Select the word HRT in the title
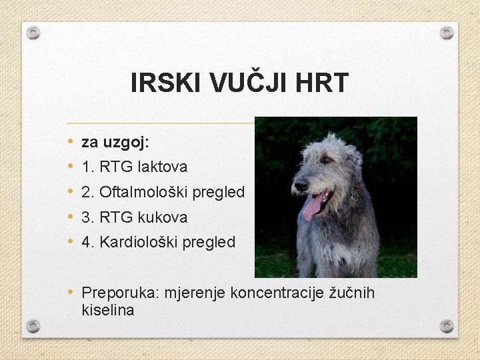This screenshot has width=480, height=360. pyautogui.click(x=324, y=83)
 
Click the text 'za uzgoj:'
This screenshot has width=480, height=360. pyautogui.click(x=115, y=141)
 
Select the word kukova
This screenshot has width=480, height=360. pyautogui.click(x=163, y=217)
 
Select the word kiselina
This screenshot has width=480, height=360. pyautogui.click(x=107, y=310)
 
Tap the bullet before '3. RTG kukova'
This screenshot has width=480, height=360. pyautogui.click(x=71, y=217)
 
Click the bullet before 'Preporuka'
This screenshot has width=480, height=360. pyautogui.click(x=71, y=293)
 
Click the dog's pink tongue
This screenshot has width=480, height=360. pyautogui.click(x=311, y=208)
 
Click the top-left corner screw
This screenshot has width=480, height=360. pyautogui.click(x=33, y=33)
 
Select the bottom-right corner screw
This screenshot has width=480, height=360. pyautogui.click(x=447, y=326)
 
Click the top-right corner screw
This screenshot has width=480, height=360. pyautogui.click(x=447, y=33)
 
